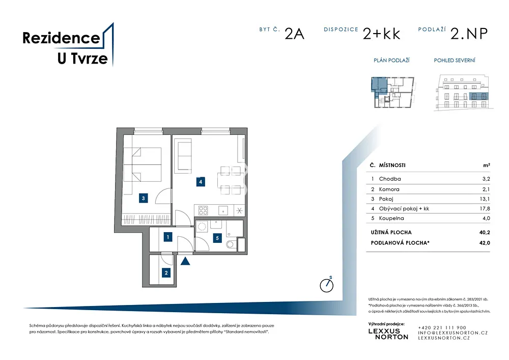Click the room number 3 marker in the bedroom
pyautogui.click(x=143, y=198)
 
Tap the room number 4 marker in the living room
pyautogui.click(x=201, y=182)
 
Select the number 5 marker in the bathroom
pyautogui.click(x=217, y=238)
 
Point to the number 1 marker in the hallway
pyautogui.click(x=168, y=237)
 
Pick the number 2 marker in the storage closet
pyautogui.click(x=166, y=273)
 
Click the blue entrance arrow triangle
pyautogui.click(x=185, y=261)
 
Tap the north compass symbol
pyautogui.click(x=327, y=285)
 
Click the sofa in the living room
pyautogui.click(x=183, y=155)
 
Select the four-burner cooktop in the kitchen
pyautogui.click(x=203, y=211)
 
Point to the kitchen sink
pyautogui.click(x=223, y=211)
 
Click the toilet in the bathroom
pyautogui.click(x=231, y=244)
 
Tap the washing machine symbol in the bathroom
pyautogui.click(x=202, y=226)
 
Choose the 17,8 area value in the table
pyautogui.click(x=485, y=208)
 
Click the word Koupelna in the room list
pyautogui.click(x=391, y=218)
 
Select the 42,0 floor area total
pyautogui.click(x=485, y=242)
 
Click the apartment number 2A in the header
pyautogui.click(x=294, y=34)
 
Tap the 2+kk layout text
pyautogui.click(x=381, y=34)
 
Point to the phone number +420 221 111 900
pyautogui.click(x=442, y=327)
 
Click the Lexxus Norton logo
pyautogui.click(x=388, y=334)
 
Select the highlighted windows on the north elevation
pyautogui.click(x=478, y=96)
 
